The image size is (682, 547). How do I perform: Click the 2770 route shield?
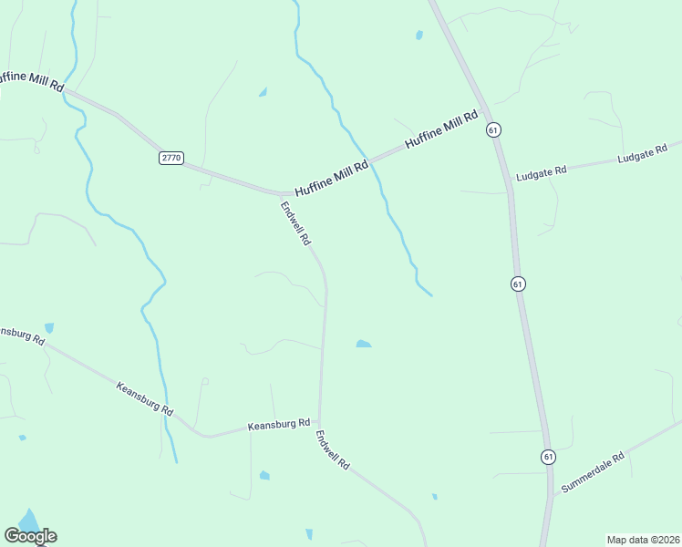point(171,158)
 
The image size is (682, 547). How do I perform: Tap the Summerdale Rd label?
point(593,472)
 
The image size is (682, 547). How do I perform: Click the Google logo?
point(30,535)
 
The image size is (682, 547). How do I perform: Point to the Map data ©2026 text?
point(642,540)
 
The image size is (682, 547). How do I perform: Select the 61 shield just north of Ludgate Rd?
point(493,130)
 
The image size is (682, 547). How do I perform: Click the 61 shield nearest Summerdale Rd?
point(547,456)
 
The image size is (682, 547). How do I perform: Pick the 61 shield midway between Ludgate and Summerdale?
point(518,284)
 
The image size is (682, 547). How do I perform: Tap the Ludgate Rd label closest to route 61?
point(542,170)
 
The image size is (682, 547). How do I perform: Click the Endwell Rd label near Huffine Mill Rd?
point(296,224)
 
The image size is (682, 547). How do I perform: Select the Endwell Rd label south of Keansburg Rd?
point(333,449)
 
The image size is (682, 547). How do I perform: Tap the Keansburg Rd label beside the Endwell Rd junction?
point(279,425)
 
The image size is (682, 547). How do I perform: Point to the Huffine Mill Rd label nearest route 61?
point(441,130)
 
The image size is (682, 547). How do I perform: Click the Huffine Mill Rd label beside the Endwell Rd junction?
point(331,172)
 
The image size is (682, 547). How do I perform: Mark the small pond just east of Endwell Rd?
point(363,344)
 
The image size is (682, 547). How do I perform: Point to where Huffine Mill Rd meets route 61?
point(482,108)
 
